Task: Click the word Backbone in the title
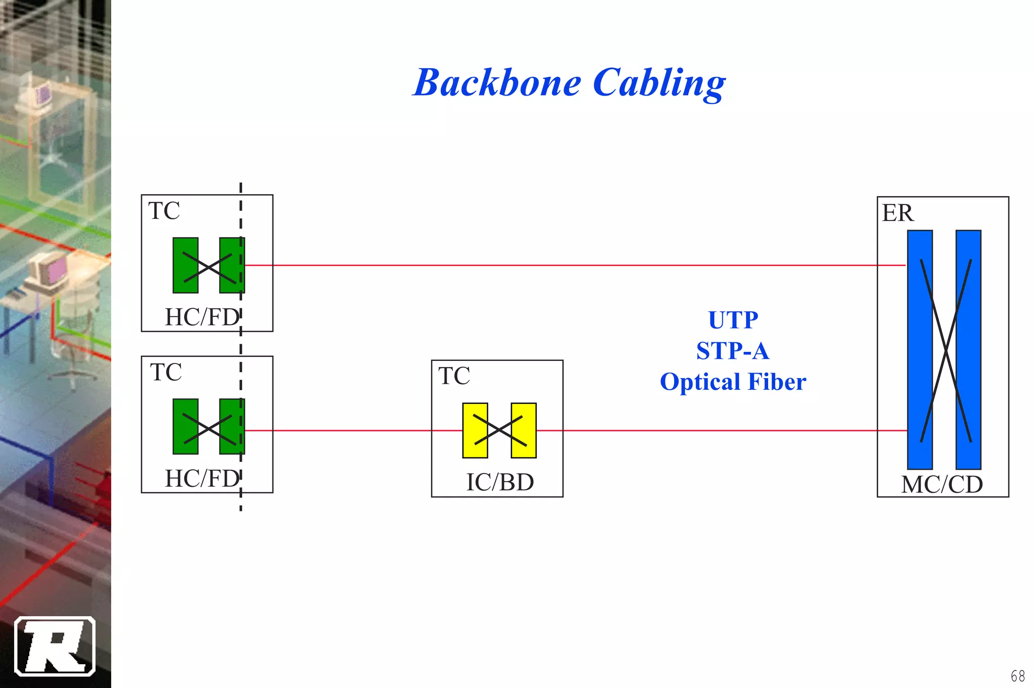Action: [497, 83]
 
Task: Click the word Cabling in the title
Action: [660, 83]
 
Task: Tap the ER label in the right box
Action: [898, 213]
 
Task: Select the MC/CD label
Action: [942, 485]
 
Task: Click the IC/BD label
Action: [500, 482]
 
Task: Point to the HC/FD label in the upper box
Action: [202, 317]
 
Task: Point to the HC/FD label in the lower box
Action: [202, 479]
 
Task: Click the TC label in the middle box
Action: [454, 376]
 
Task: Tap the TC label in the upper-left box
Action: [164, 211]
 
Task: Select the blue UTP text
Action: [733, 320]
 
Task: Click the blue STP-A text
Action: [733, 351]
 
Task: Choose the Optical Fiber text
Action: [733, 382]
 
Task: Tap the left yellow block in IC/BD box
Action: [475, 431]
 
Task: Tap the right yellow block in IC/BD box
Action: [524, 431]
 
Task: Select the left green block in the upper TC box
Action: [185, 265]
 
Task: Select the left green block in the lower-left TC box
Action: [185, 427]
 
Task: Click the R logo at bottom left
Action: [55, 646]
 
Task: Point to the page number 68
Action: [1017, 676]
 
